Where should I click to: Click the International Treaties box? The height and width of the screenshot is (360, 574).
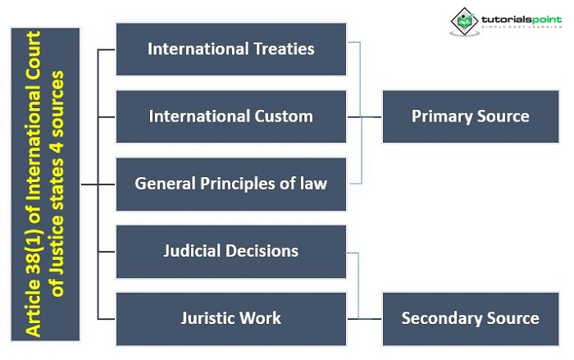click(230, 49)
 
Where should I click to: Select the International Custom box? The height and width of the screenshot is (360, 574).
click(230, 116)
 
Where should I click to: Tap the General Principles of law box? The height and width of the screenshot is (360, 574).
click(230, 183)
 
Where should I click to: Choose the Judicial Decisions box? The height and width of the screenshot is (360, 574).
click(230, 250)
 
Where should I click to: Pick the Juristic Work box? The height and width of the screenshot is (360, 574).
click(230, 317)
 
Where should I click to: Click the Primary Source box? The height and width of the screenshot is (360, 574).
click(470, 116)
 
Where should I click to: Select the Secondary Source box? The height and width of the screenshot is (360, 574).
click(470, 317)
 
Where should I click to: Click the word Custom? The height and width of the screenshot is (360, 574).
click(284, 116)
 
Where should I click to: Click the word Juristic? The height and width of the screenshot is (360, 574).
click(209, 317)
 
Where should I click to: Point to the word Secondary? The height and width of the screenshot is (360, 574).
click(441, 317)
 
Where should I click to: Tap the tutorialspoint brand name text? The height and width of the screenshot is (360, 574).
click(517, 17)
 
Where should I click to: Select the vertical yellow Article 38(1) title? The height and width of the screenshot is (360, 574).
click(45, 184)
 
